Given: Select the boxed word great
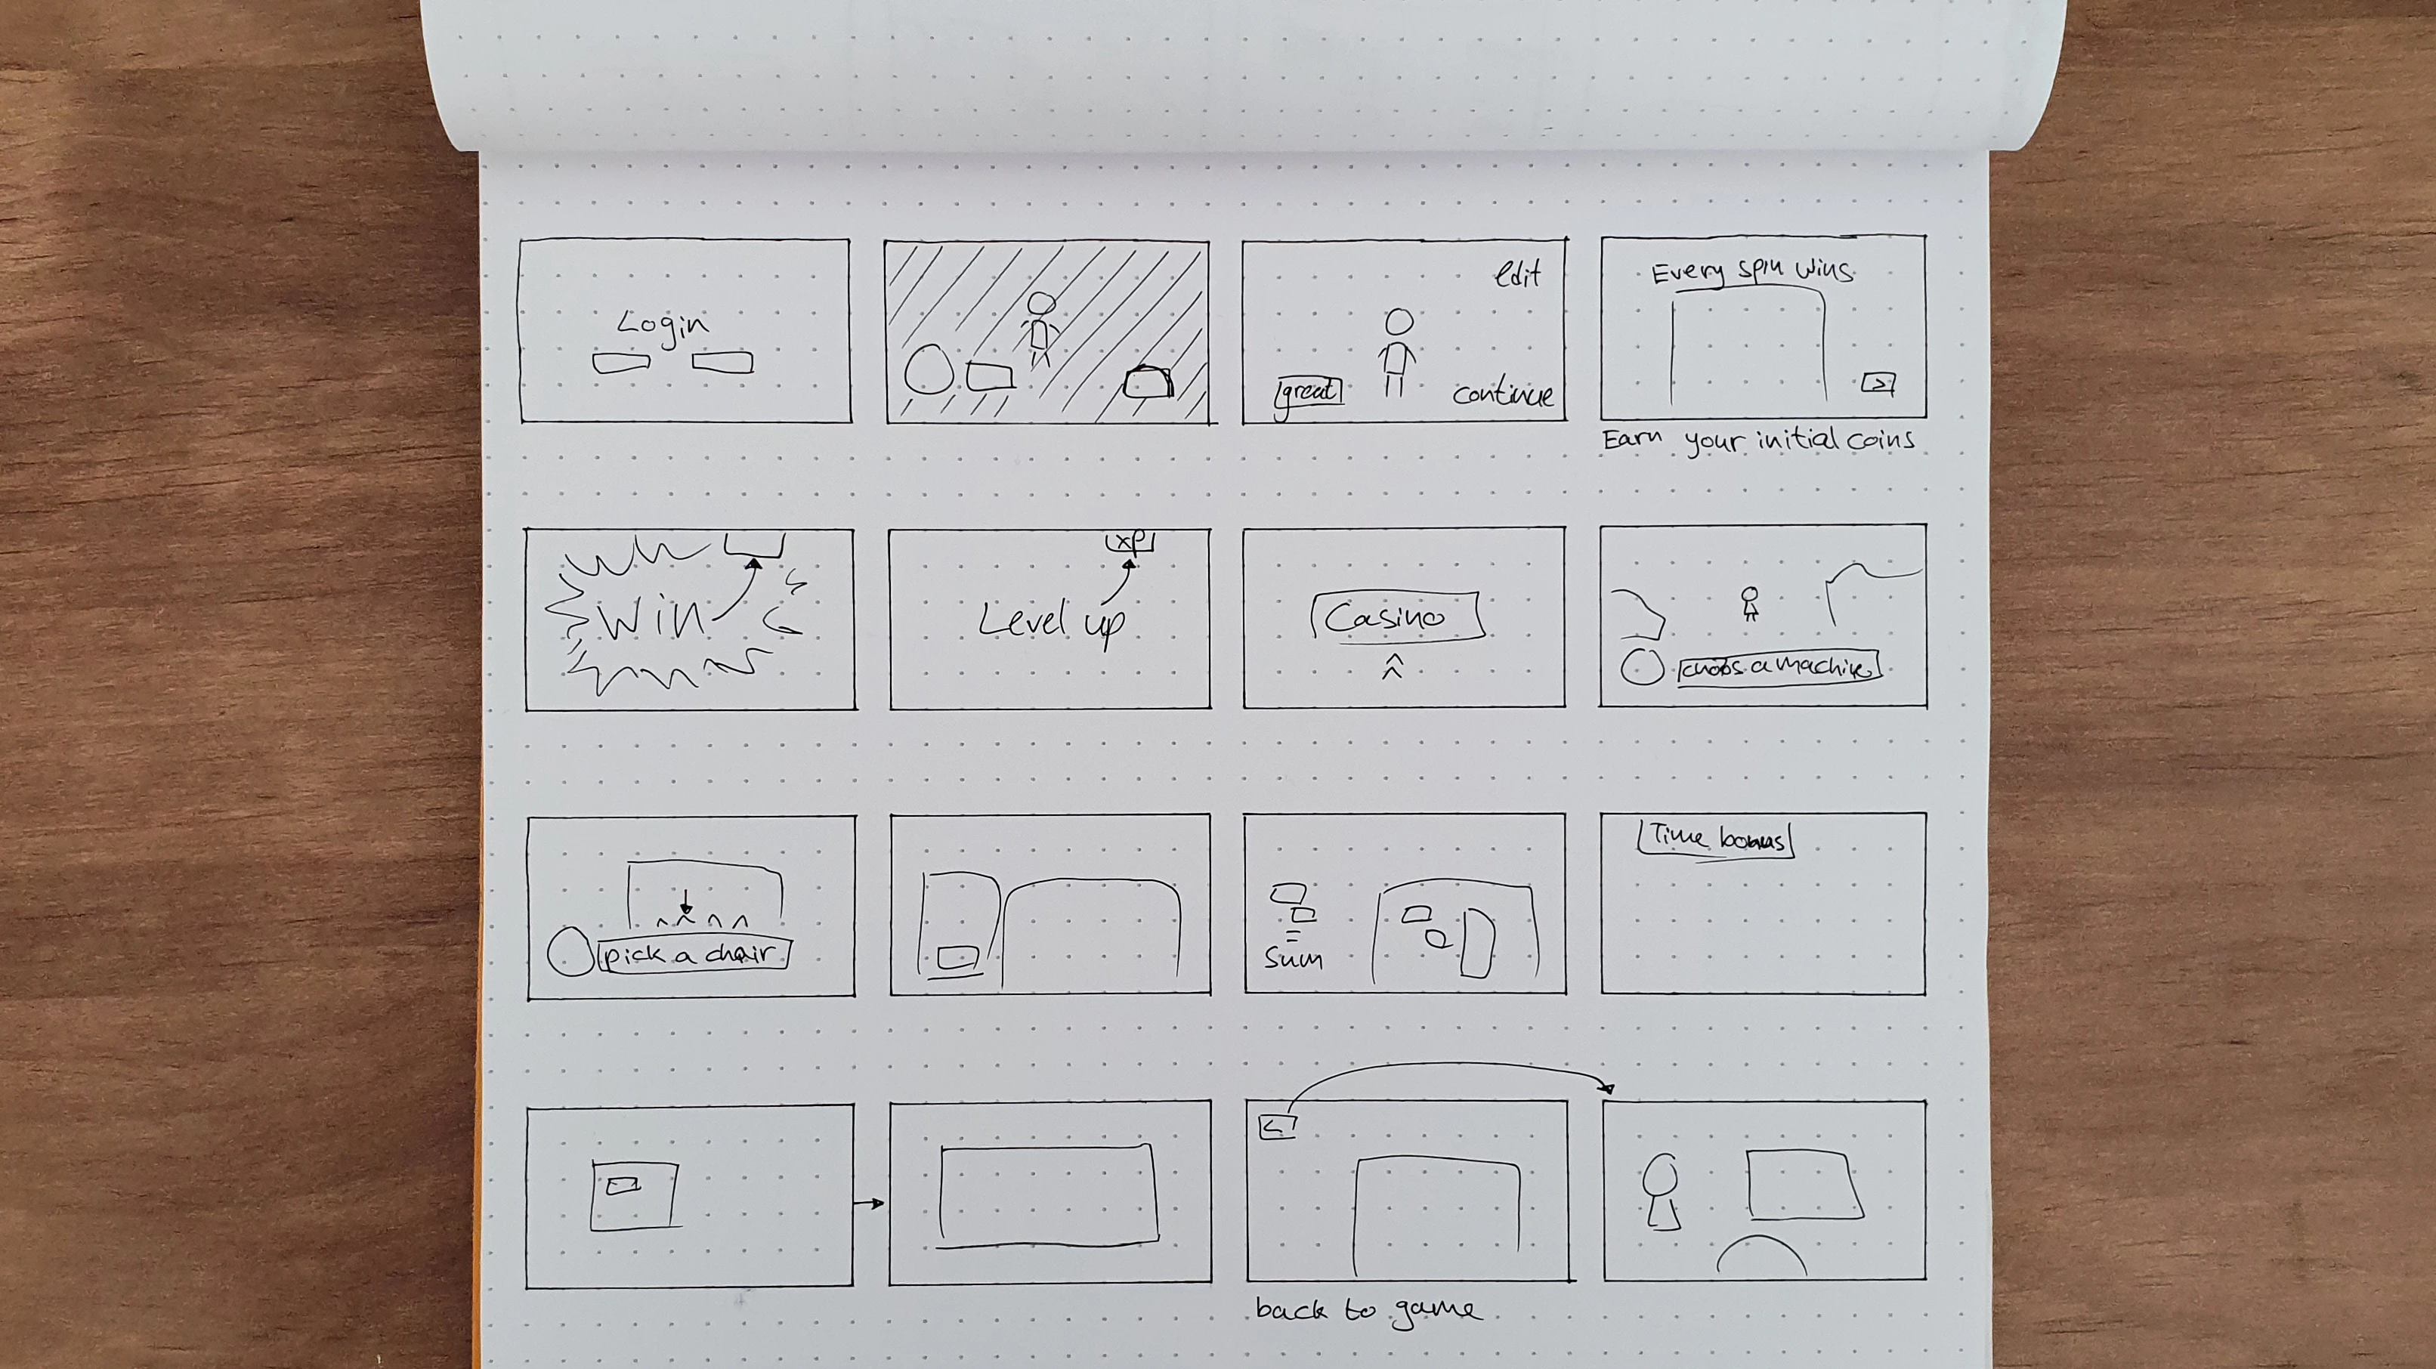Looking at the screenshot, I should tap(1309, 391).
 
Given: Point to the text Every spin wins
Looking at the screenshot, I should tap(1751, 272).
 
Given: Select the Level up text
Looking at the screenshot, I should tap(1050, 621).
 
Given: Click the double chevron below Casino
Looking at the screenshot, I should tap(1392, 667).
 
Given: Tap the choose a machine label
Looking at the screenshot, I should tap(1778, 667).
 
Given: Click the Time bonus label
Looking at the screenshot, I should tap(1715, 839).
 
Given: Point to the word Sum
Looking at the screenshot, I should tap(1293, 959).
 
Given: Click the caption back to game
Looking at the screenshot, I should tap(1368, 1310).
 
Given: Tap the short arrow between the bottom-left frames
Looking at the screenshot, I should tap(868, 1204).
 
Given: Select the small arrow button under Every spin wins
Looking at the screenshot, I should tap(1878, 383).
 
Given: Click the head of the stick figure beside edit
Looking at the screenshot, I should tap(1399, 323).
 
